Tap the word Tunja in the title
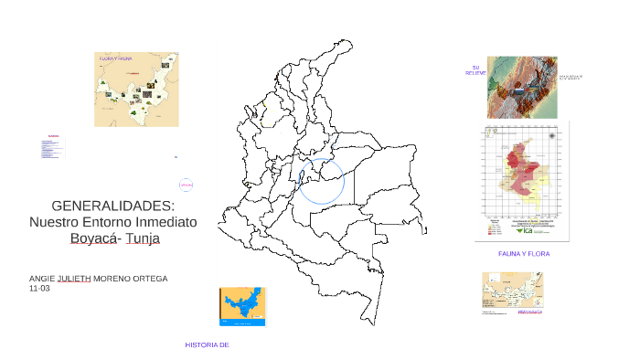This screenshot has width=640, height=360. click(142, 238)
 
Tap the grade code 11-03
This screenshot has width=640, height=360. click(39, 289)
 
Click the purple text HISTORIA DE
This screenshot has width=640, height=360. click(206, 344)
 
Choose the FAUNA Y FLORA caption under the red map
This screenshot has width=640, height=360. click(524, 253)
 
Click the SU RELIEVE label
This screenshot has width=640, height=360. click(475, 70)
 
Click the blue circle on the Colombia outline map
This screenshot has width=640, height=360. click(321, 180)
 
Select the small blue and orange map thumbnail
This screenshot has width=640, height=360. click(242, 305)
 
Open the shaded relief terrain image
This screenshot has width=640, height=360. click(521, 87)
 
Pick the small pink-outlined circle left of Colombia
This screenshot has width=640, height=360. click(186, 185)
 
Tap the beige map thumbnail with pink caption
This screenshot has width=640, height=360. click(512, 293)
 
